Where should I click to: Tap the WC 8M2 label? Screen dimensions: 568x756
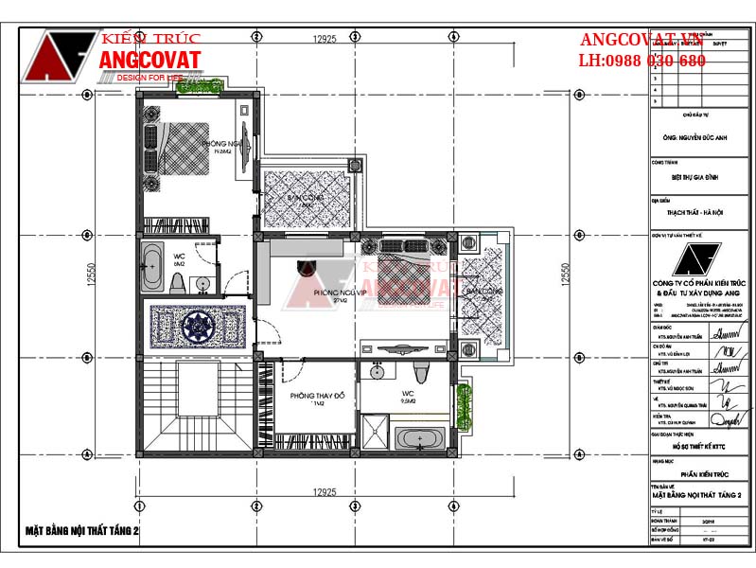click(179, 258)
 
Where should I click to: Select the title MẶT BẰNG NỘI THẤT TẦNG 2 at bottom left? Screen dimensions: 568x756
click(83, 532)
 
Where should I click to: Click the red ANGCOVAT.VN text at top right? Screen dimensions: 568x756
click(642, 41)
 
